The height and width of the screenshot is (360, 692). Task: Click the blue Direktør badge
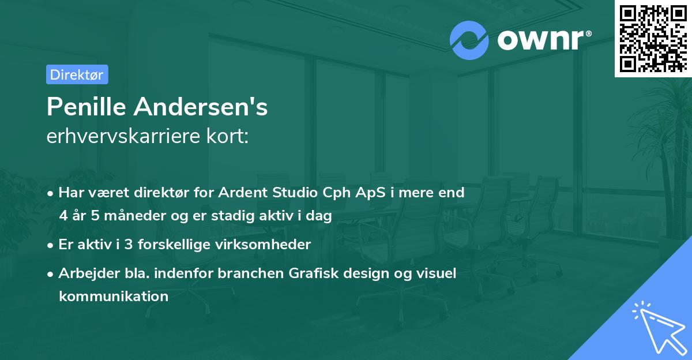tap(77, 74)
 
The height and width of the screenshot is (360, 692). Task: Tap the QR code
tap(653, 38)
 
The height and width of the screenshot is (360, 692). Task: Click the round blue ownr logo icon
tap(469, 40)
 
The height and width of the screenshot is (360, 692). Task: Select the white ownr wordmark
tap(544, 40)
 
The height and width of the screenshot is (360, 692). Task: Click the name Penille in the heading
tap(86, 107)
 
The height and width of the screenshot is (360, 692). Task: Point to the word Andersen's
tap(201, 107)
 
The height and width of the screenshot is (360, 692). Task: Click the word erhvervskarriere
tap(123, 136)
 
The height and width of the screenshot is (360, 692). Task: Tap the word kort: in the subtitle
tap(227, 136)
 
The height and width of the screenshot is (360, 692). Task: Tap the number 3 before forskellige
tap(129, 245)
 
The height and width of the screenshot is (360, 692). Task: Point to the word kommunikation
tap(114, 297)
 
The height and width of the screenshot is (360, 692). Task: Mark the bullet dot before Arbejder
tap(50, 274)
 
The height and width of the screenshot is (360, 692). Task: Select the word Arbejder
tap(89, 273)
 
